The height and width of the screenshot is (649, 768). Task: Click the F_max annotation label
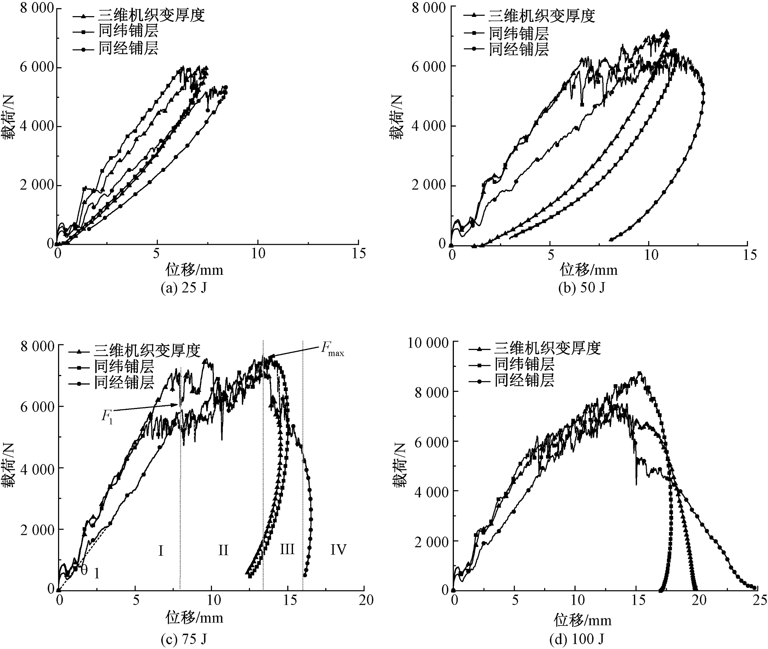pos(332,351)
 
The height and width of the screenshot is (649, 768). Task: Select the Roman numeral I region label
pos(161,550)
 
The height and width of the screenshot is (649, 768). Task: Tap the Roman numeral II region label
pos(223,550)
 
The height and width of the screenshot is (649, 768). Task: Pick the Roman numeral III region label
pos(287,550)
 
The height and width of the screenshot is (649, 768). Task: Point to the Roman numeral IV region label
pos(338,550)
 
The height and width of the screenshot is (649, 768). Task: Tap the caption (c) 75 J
pos(184,639)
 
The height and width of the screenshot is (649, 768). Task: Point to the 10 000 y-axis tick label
pos(427,343)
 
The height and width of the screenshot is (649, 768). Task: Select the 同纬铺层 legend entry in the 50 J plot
pos(518,33)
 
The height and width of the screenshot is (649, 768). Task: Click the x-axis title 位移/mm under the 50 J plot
pos(588,270)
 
